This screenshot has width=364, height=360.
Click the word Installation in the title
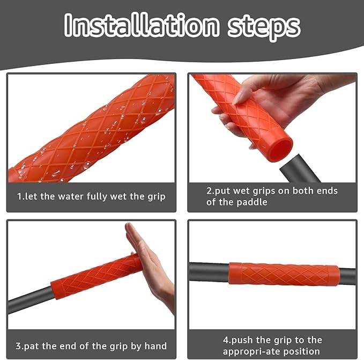142,25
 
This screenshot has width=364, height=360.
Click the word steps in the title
264,28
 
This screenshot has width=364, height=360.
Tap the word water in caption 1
71,196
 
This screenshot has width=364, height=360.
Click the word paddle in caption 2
252,202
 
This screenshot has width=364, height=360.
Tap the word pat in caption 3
32,346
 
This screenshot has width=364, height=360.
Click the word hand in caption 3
155,346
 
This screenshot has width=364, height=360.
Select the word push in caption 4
243,340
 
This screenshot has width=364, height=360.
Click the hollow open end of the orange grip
281,149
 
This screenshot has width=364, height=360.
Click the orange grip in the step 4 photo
284,274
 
